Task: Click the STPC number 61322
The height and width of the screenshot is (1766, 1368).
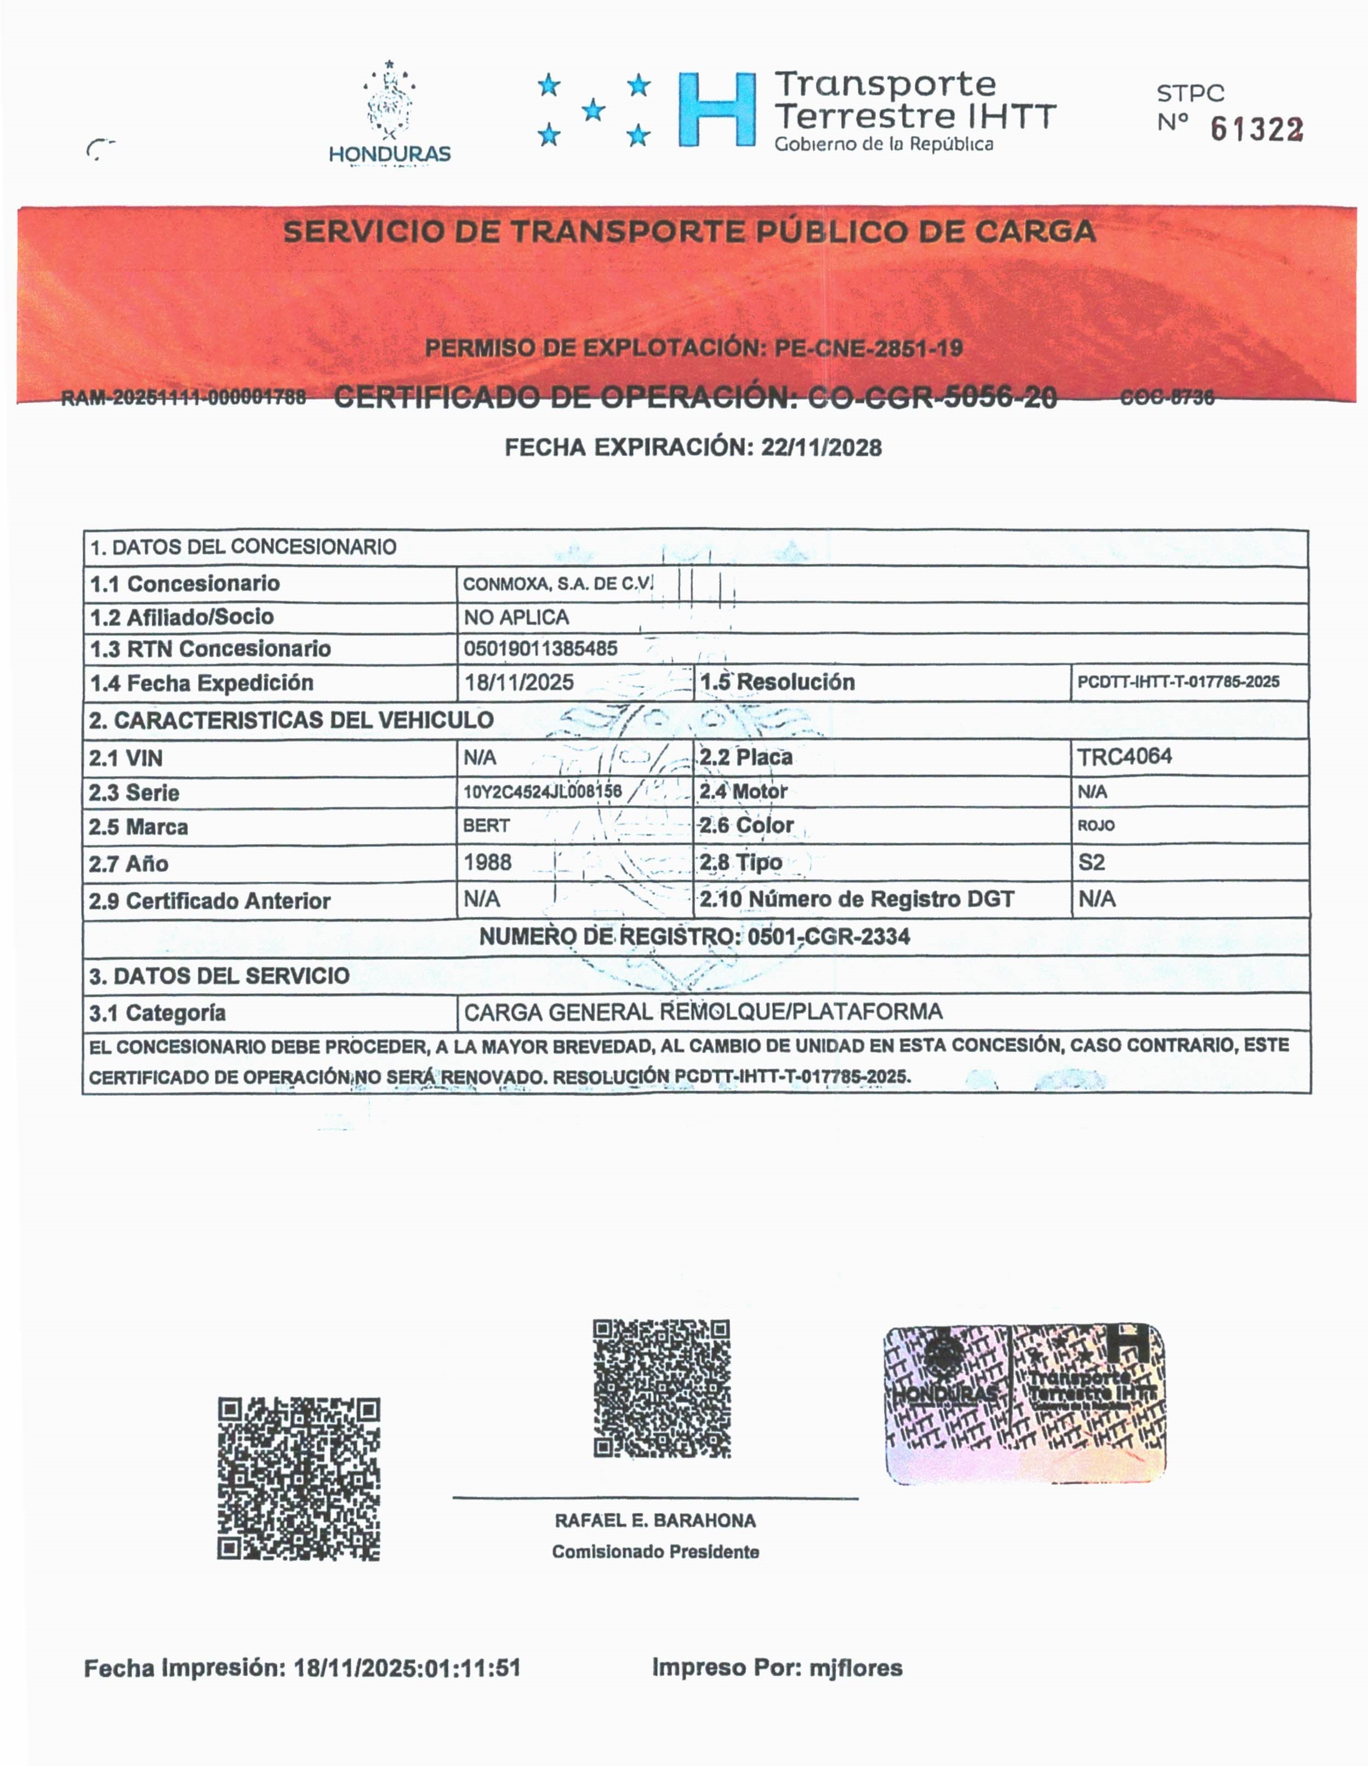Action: tap(1256, 129)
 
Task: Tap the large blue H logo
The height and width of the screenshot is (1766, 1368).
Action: tap(716, 109)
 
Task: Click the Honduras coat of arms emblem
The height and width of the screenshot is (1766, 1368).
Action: tap(389, 104)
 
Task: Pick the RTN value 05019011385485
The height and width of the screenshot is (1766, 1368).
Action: tap(540, 648)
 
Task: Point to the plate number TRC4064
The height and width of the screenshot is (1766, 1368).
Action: tap(1124, 757)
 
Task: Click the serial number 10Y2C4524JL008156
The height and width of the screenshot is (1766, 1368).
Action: tap(541, 791)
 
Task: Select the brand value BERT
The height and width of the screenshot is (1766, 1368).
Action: tap(486, 825)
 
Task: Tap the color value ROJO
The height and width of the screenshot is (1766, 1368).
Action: tap(1096, 825)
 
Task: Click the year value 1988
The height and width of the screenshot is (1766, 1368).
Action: tap(488, 862)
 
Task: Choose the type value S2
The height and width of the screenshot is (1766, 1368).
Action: tap(1091, 862)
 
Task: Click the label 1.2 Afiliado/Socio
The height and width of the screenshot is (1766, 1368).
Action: tap(182, 617)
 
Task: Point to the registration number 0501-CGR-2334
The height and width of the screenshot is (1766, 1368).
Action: tap(829, 936)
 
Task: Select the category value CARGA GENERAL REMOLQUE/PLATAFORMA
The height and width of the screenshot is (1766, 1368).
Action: tap(703, 1012)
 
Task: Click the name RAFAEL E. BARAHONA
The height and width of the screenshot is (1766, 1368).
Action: tap(655, 1521)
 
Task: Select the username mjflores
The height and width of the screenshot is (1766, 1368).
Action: tap(856, 1667)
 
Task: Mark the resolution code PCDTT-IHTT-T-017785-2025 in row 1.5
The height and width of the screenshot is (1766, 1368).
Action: tap(1178, 682)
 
